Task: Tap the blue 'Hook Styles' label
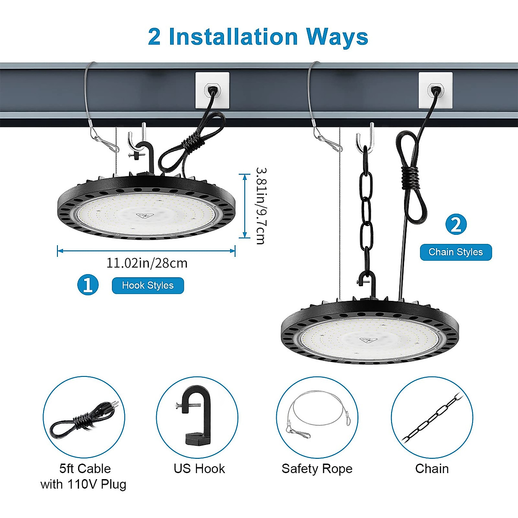pos(148,285)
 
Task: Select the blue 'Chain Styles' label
pos(455,252)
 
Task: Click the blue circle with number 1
pos(88,285)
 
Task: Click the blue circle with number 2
pos(455,224)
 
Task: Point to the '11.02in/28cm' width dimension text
pos(147,263)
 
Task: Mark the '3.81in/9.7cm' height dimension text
pos(260,205)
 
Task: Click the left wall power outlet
pos(212,90)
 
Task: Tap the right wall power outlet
pos(435,90)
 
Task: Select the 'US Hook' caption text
pos(199,468)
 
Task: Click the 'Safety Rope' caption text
pos(317,468)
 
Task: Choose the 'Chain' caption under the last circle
pos(432,468)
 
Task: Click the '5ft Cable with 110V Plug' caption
pos(84,476)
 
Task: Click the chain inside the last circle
pos(432,417)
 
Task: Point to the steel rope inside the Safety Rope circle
pos(317,412)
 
